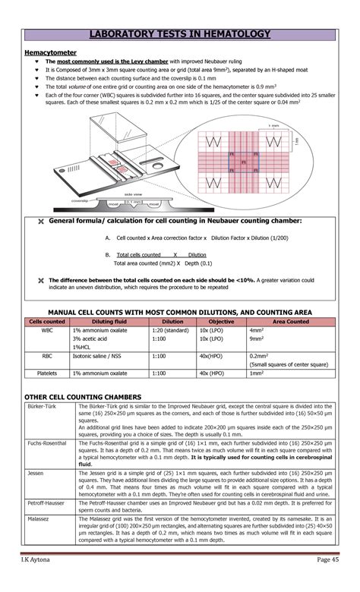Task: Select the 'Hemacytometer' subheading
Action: (49, 52)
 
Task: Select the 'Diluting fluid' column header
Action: (110, 322)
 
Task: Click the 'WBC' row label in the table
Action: (47, 331)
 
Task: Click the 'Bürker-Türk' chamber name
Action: (43, 407)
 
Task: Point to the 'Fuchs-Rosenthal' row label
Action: (47, 442)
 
